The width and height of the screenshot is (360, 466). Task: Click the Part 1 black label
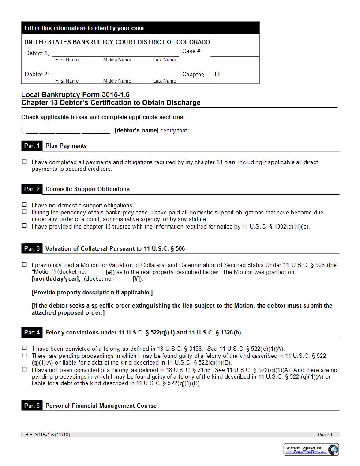32,146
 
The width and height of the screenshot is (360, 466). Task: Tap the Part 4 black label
32,333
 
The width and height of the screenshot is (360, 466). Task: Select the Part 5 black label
32,406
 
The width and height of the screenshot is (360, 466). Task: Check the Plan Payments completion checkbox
25,162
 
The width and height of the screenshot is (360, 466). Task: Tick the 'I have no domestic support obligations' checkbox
25,205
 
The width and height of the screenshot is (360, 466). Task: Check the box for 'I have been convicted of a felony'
25,348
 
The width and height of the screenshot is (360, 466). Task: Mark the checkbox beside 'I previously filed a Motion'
25,265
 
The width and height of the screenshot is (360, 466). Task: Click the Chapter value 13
217,75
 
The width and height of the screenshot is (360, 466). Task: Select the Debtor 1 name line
116,53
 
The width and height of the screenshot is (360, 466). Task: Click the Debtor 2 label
37,75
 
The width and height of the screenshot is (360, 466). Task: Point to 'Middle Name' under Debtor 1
117,60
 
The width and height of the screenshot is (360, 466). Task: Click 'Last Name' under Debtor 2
164,81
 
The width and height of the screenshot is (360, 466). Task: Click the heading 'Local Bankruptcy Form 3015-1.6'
75,95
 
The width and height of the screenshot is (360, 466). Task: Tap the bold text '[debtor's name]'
136,131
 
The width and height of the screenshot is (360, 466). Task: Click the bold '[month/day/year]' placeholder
56,279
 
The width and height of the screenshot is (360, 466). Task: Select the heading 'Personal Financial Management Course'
101,406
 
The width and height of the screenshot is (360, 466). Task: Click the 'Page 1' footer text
325,435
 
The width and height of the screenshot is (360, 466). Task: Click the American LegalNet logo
311,450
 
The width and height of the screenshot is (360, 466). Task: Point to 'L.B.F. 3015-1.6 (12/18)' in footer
45,435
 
